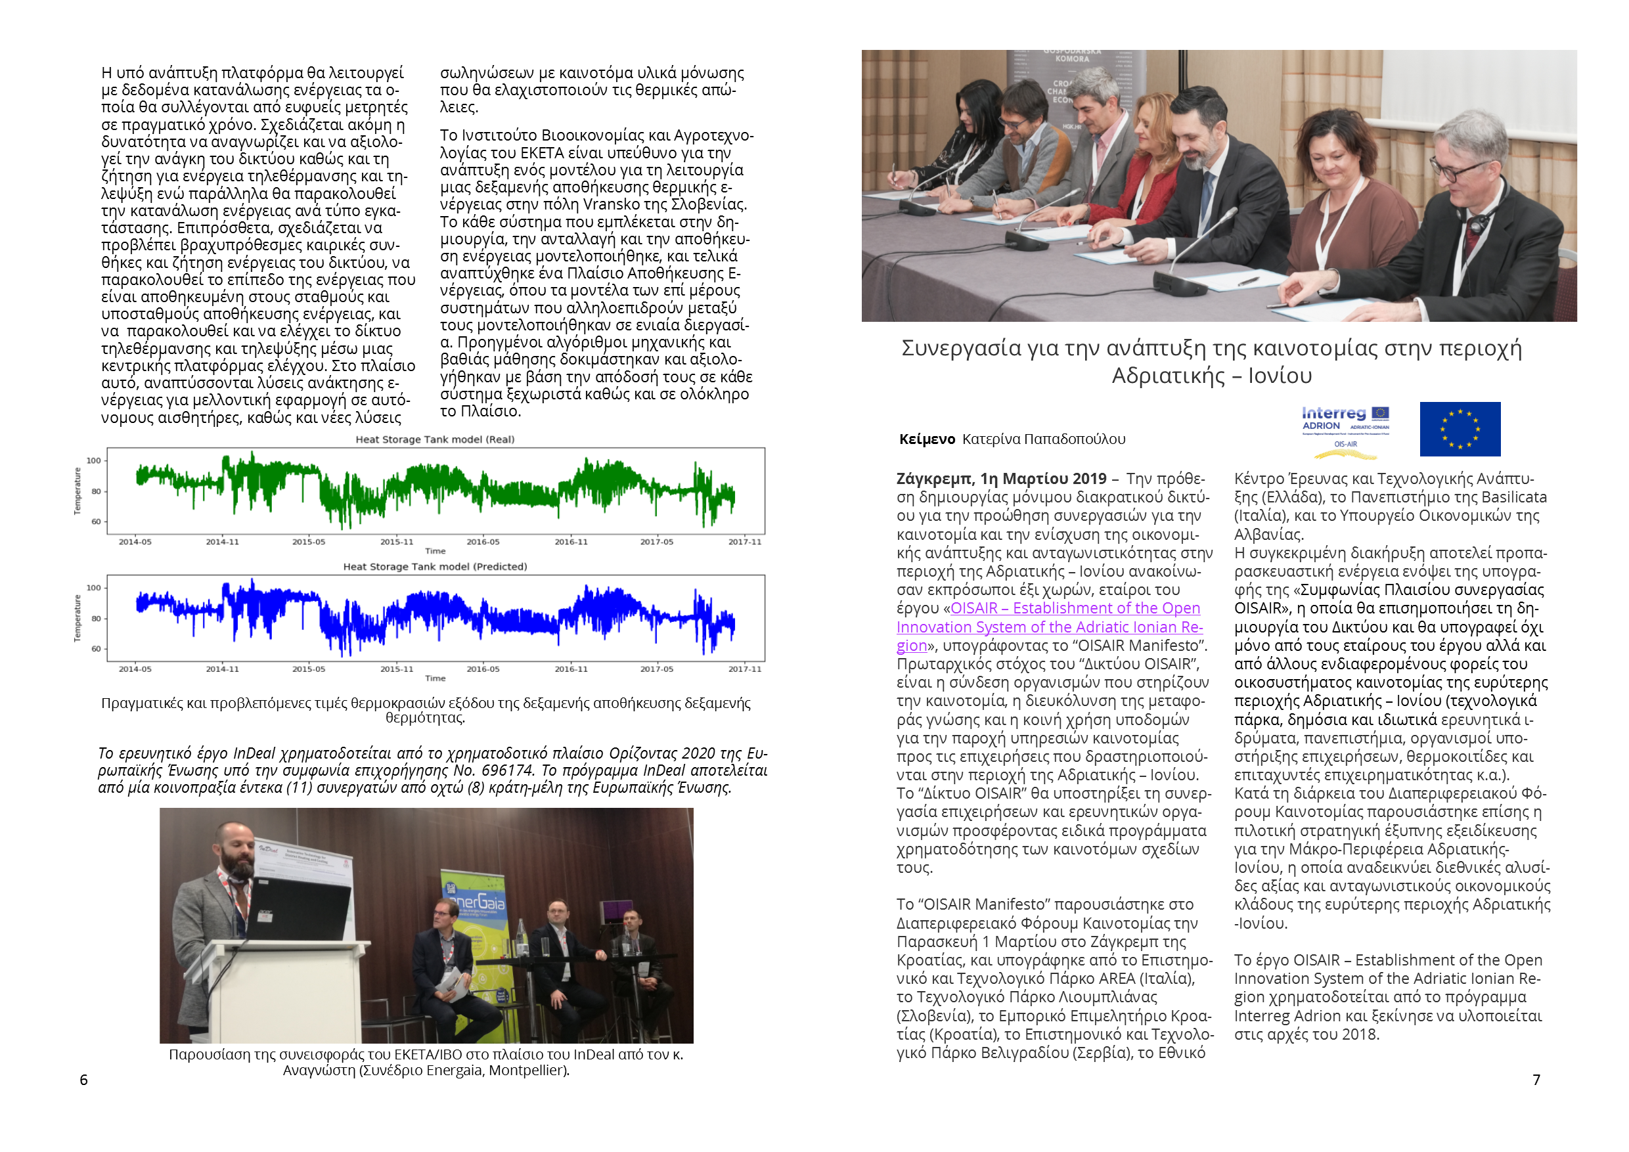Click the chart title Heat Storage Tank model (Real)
tap(435, 440)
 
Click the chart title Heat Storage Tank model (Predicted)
tap(435, 567)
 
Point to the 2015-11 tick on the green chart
tap(396, 542)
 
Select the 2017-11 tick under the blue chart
tap(744, 669)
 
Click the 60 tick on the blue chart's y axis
tap(96, 648)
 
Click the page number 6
tap(83, 1080)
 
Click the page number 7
tap(1536, 1080)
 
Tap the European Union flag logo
tap(1460, 429)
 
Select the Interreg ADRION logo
tap(1345, 426)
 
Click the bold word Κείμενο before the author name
tap(927, 439)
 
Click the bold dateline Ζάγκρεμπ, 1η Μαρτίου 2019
tap(1001, 479)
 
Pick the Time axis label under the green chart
tap(435, 551)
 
